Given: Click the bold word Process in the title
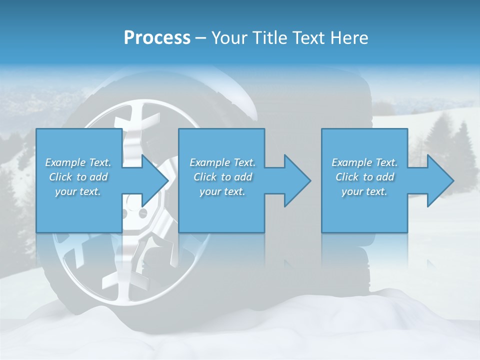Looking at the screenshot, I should pos(157,38).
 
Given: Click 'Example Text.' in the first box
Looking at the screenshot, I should pos(78,162).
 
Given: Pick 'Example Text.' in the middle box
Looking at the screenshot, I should pos(222,162).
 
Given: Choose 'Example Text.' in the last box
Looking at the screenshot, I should pos(364,162).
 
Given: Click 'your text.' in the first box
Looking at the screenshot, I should pos(78,191).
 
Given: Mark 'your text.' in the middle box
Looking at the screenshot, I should pos(222,191).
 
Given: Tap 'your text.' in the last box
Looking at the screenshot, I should pos(364,191).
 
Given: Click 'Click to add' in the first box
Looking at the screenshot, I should pos(78,177).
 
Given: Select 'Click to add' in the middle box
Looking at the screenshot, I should pos(222,177).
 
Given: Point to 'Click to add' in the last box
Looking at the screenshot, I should pos(364,177).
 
